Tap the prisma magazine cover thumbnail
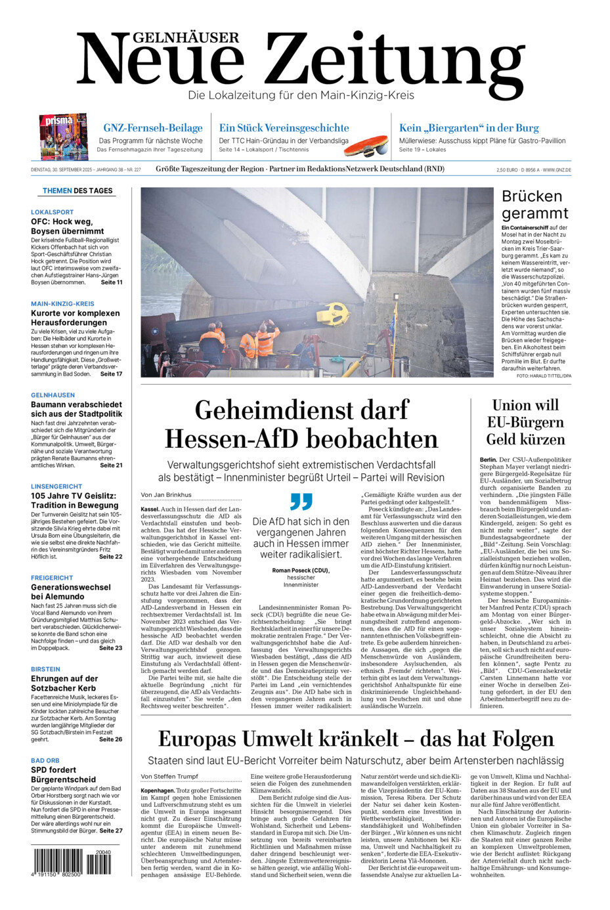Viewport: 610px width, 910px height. pos(63,136)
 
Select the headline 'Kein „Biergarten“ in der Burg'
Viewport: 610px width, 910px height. pos(469,128)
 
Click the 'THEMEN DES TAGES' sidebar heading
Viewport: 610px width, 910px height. pos(77,191)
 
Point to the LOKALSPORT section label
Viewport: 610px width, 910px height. pos(52,212)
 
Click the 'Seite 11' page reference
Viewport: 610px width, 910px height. pos(111,282)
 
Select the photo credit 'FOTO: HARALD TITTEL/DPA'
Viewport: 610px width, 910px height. pos(544,376)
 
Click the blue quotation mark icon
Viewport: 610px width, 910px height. pos(301,502)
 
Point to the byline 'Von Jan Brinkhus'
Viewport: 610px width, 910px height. pos(166,494)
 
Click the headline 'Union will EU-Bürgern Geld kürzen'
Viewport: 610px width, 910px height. pos(525,422)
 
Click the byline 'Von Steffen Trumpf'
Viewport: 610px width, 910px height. pos(169,777)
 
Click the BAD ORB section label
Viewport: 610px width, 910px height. pos(45,760)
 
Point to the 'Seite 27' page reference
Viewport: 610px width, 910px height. pos(111,831)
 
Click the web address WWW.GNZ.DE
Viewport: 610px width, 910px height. pos(556,170)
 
